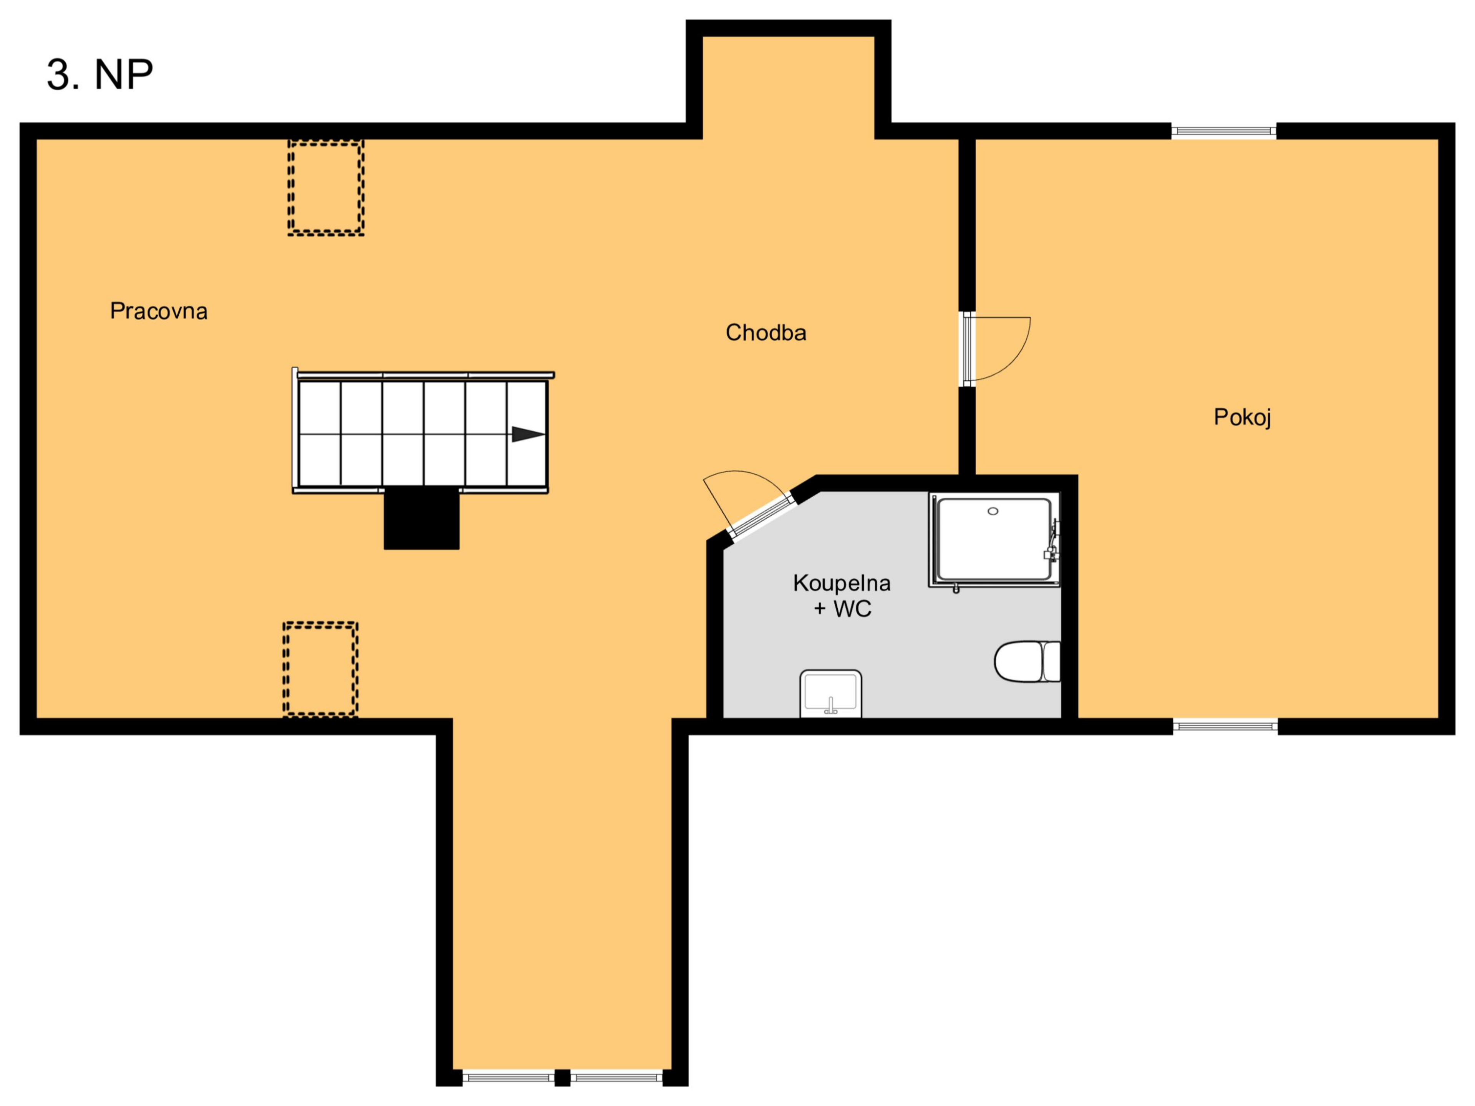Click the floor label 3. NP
(100, 74)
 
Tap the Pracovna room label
(159, 311)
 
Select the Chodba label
(766, 333)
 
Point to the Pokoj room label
(1242, 418)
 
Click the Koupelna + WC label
(842, 595)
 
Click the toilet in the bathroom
(1027, 661)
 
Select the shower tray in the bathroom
(994, 540)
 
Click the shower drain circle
(993, 512)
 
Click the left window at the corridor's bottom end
(508, 1077)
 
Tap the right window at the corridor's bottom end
(617, 1077)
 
